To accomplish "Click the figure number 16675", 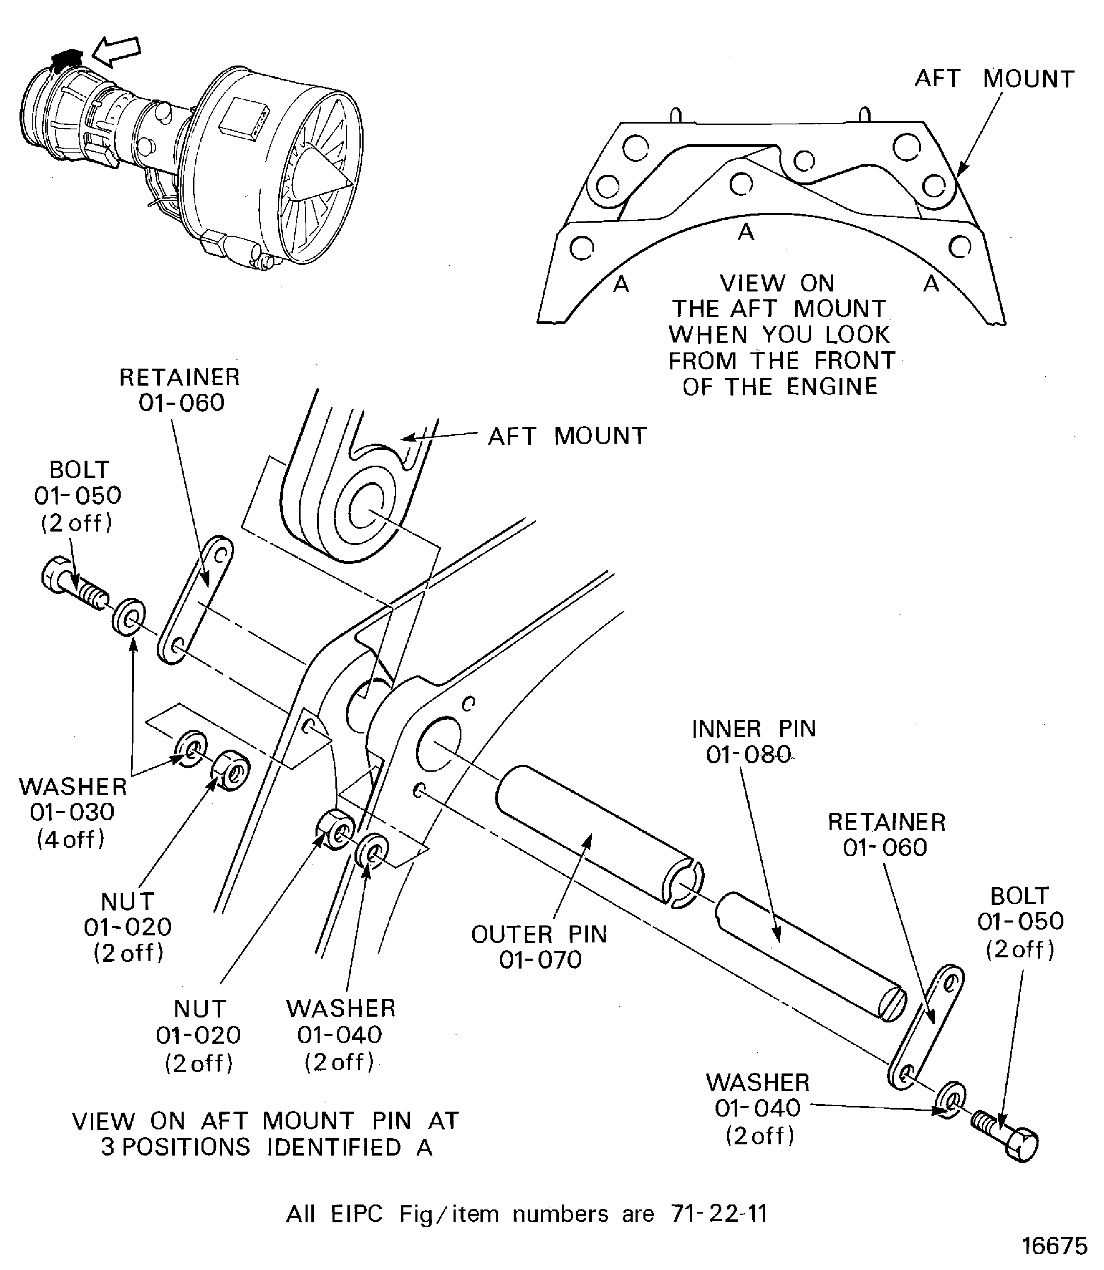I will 1055,1246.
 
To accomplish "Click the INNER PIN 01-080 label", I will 753,741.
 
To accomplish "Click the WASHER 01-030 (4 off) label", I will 73,812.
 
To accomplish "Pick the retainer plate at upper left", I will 195,599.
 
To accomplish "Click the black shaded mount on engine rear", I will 66,57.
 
